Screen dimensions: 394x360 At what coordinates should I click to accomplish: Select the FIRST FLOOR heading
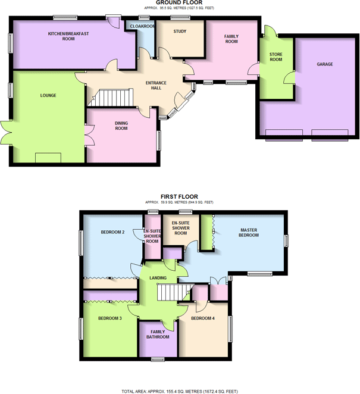tap(179, 196)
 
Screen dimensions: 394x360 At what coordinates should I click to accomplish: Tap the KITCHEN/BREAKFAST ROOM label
tap(69, 36)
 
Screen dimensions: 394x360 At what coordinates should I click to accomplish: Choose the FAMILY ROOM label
tap(231, 39)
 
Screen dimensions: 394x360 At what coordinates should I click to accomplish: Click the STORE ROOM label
tap(275, 57)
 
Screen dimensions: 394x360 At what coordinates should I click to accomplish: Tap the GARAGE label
tap(324, 64)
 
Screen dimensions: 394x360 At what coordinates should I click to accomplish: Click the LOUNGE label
tap(48, 95)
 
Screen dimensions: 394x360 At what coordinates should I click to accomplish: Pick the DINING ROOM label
tap(121, 126)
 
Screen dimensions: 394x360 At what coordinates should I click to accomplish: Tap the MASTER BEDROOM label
tap(249, 233)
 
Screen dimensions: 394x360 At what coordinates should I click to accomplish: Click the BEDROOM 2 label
tap(112, 232)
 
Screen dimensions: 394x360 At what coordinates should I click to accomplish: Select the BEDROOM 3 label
tap(110, 318)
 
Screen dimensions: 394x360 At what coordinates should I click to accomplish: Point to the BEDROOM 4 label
tap(203, 318)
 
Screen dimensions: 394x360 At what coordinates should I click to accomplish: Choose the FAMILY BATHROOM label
tap(158, 334)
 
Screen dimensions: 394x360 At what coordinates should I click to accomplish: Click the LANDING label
tap(158, 278)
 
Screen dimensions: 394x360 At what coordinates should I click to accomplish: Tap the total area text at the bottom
tap(179, 391)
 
